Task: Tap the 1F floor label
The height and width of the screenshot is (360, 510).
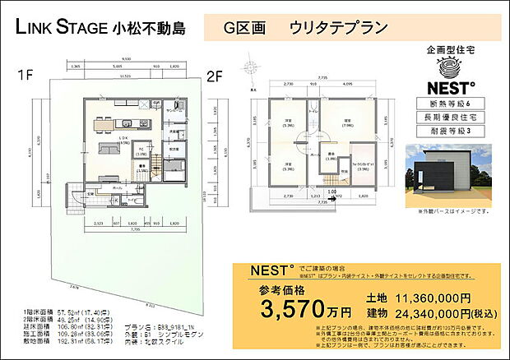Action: point(25,76)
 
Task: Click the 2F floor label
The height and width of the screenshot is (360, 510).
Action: point(215,76)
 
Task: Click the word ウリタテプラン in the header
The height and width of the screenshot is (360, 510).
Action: point(338,27)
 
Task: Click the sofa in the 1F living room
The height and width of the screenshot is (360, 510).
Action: point(110,149)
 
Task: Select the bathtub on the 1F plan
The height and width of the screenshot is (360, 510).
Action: point(175,173)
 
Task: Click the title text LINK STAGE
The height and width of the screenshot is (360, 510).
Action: point(61,27)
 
